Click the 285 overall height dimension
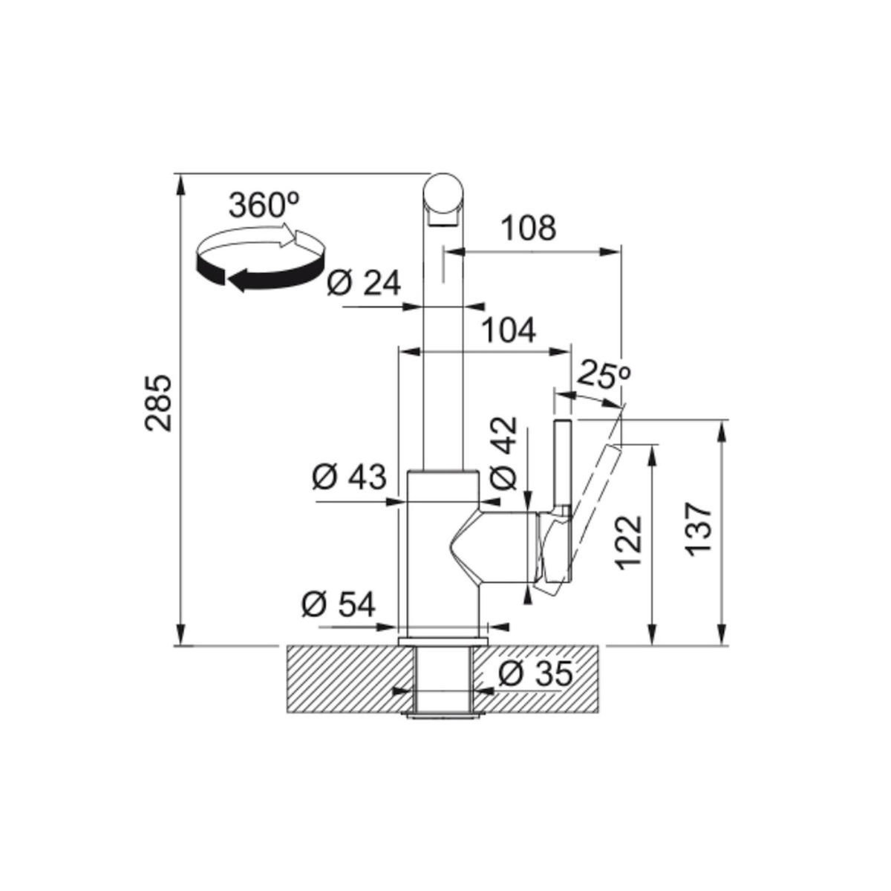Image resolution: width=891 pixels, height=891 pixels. (x=158, y=402)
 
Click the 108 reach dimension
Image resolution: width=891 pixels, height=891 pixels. (x=528, y=229)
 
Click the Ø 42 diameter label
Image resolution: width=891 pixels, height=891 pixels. (x=504, y=452)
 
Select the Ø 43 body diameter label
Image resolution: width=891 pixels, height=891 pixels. (x=348, y=477)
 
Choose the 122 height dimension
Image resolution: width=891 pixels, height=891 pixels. (x=629, y=542)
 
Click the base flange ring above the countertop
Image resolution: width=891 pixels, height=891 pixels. (x=443, y=639)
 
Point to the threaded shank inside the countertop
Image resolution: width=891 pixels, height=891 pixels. (x=443, y=679)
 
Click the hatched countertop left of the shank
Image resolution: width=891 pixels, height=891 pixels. (x=342, y=679)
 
